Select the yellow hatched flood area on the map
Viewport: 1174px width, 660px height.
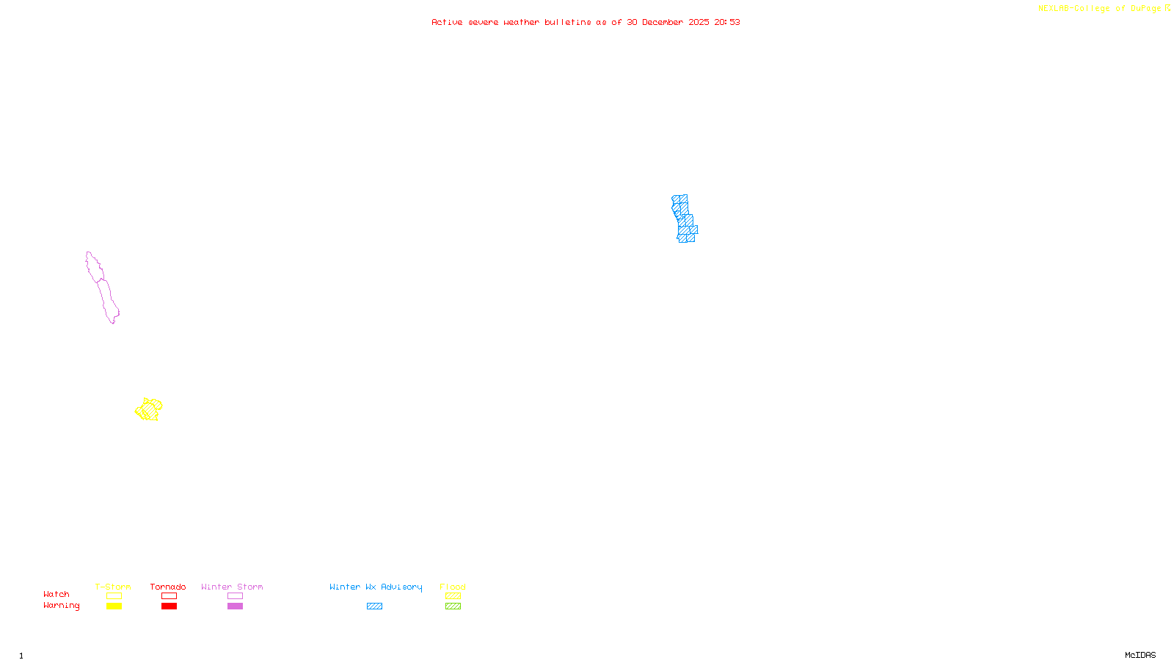click(149, 410)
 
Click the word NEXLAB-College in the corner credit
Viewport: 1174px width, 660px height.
click(1073, 9)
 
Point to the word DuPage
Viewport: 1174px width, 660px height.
click(1145, 9)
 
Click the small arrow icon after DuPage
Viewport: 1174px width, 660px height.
click(1167, 8)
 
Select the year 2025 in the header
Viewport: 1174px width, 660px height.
click(699, 22)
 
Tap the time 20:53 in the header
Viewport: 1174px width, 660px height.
click(727, 22)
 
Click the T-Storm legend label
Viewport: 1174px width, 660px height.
click(113, 587)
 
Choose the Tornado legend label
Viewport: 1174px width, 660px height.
click(168, 587)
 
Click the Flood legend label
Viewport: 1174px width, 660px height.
click(453, 587)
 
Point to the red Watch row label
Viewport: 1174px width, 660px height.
click(56, 594)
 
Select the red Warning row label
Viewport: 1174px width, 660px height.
click(61, 606)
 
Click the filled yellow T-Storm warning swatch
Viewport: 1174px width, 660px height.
click(114, 606)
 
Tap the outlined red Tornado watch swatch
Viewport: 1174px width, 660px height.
click(169, 596)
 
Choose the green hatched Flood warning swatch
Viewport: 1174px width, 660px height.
click(453, 606)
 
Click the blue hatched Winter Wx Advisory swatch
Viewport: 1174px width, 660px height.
click(374, 606)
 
